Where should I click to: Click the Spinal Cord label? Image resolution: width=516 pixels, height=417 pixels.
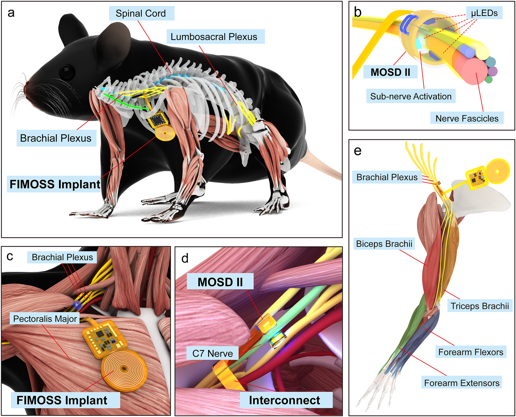pyautogui.click(x=141, y=14)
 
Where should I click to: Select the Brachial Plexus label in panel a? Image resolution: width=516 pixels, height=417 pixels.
pyautogui.click(x=56, y=138)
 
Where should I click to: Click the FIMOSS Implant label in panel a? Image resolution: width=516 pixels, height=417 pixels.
pyautogui.click(x=55, y=184)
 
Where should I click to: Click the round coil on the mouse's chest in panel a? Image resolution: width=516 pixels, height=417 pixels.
pyautogui.click(x=165, y=134)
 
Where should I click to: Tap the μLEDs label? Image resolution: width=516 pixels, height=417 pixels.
pyautogui.click(x=484, y=13)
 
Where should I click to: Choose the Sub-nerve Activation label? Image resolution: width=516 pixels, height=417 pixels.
pyautogui.click(x=411, y=96)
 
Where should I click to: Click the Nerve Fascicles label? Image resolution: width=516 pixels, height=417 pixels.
pyautogui.click(x=467, y=118)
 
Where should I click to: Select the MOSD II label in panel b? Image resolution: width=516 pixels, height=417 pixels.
pyautogui.click(x=390, y=72)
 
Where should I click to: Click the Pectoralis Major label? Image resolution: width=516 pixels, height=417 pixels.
pyautogui.click(x=45, y=319)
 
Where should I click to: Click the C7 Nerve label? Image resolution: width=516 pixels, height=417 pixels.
pyautogui.click(x=212, y=353)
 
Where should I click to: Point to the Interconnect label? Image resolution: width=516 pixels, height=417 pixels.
pyautogui.click(x=285, y=400)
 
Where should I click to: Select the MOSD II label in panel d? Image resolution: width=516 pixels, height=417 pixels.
pyautogui.click(x=220, y=282)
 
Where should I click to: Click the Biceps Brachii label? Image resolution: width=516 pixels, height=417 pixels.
pyautogui.click(x=384, y=244)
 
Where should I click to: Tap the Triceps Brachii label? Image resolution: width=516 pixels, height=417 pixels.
pyautogui.click(x=480, y=306)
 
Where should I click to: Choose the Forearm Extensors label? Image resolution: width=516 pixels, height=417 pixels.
pyautogui.click(x=461, y=383)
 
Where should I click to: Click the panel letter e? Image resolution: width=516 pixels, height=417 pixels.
pyautogui.click(x=358, y=151)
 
